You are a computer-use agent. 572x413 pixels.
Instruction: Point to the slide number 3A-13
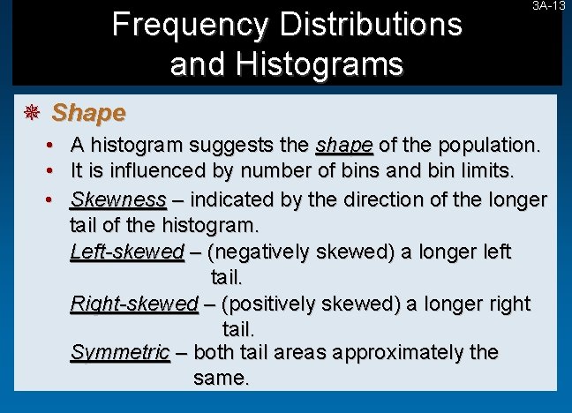[548, 6]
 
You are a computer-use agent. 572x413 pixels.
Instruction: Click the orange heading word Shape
[88, 113]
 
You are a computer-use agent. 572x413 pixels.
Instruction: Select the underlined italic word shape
[344, 145]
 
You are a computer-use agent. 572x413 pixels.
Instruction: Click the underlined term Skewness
[117, 199]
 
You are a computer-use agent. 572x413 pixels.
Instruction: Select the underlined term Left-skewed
[126, 252]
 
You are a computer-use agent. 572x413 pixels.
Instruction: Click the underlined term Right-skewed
[133, 304]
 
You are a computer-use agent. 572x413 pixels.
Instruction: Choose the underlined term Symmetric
[119, 353]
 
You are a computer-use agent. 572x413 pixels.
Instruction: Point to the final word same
[221, 379]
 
